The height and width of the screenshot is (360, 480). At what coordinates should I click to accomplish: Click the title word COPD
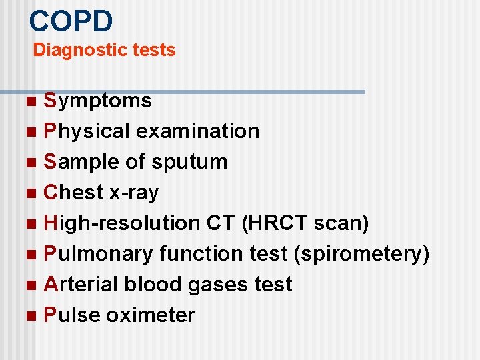point(71,21)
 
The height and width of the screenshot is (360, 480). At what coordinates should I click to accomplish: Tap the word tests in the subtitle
point(153,50)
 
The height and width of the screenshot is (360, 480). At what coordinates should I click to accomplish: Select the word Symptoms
point(98,101)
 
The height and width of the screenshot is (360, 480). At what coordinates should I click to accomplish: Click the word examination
point(197,131)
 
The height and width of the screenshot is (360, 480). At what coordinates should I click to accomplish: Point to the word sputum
point(189,162)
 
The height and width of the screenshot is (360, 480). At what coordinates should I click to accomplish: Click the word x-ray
point(135,193)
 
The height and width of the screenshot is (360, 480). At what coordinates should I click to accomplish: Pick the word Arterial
point(80,285)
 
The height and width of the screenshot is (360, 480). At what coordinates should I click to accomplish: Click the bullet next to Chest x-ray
point(34,193)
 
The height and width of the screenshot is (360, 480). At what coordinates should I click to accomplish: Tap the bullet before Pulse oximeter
point(34,316)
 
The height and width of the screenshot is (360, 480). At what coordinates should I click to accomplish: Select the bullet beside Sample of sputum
point(34,163)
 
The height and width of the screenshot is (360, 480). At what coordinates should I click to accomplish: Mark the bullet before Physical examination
point(34,132)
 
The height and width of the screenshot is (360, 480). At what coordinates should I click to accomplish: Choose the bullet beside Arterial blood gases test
point(34,285)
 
